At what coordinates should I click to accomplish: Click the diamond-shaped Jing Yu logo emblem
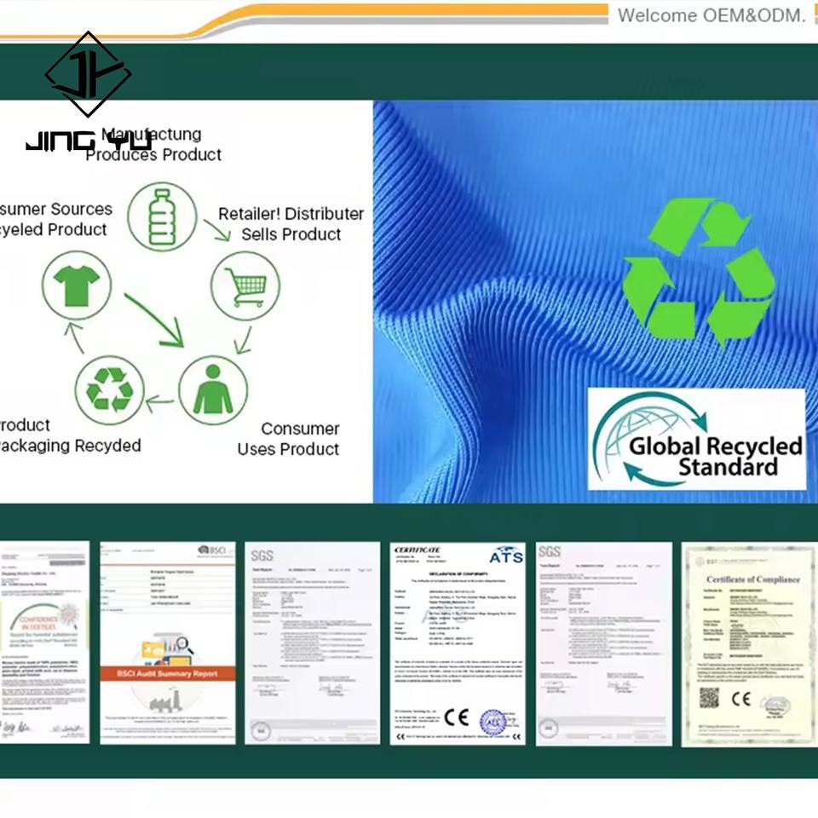[88, 75]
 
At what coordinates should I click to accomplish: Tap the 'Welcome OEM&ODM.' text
[711, 15]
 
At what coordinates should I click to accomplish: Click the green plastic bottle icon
[162, 216]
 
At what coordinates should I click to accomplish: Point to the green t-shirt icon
[76, 285]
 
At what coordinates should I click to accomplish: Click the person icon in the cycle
[213, 390]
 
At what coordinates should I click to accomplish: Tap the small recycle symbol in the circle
[109, 390]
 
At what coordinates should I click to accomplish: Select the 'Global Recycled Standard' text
[716, 456]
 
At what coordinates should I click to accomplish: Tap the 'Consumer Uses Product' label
[288, 439]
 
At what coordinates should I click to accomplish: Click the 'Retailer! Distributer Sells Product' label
[291, 224]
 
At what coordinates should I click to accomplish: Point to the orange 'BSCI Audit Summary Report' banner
[167, 673]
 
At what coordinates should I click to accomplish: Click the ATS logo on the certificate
[505, 556]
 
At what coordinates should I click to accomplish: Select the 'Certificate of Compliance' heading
[752, 579]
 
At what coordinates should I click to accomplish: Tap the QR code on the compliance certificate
[709, 699]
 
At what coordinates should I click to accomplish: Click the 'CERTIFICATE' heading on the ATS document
[418, 550]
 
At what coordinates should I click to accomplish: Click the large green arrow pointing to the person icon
[153, 319]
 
